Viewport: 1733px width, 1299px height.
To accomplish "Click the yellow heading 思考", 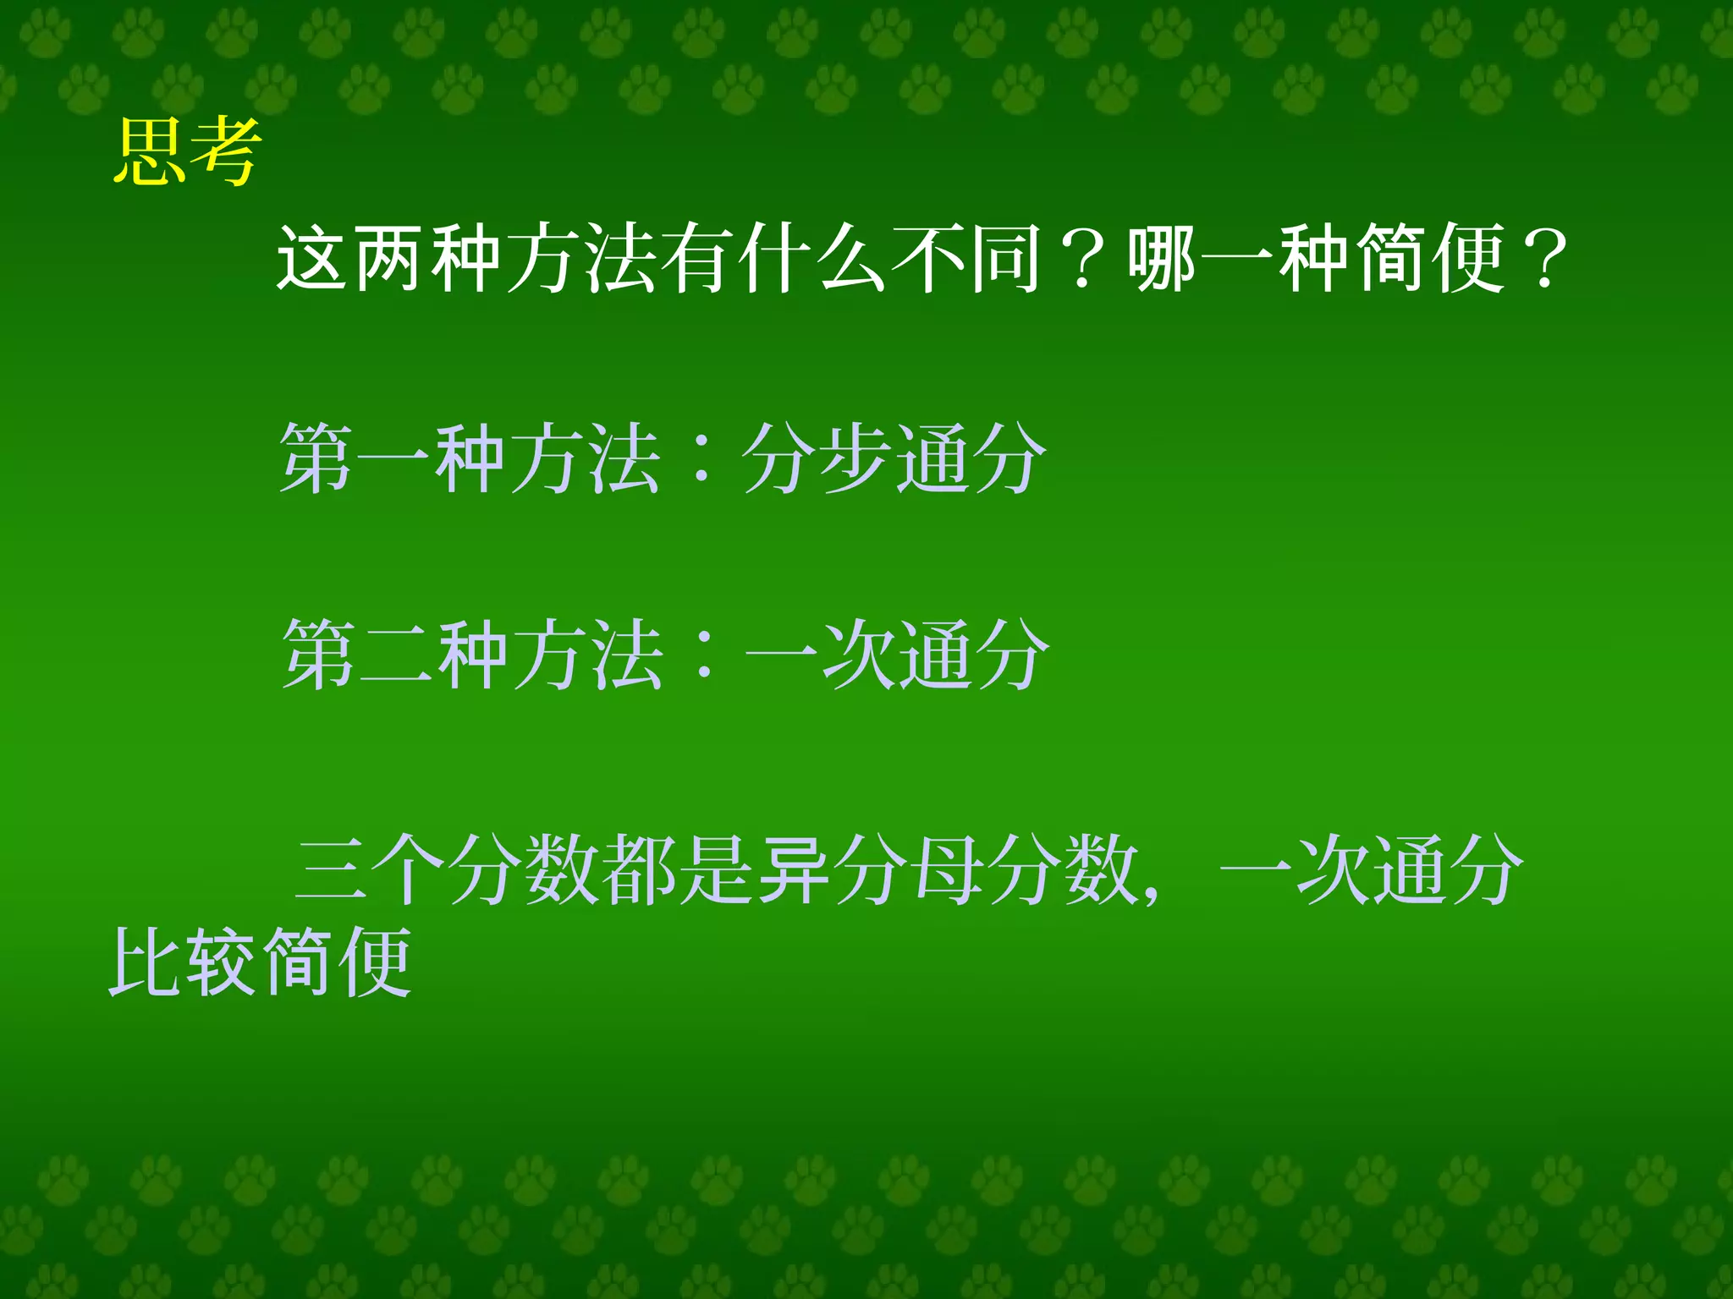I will pyautogui.click(x=186, y=152).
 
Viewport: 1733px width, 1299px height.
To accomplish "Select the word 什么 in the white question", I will pyautogui.click(x=812, y=258).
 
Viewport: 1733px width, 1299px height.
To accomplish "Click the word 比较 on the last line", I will pyautogui.click(x=182, y=962).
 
